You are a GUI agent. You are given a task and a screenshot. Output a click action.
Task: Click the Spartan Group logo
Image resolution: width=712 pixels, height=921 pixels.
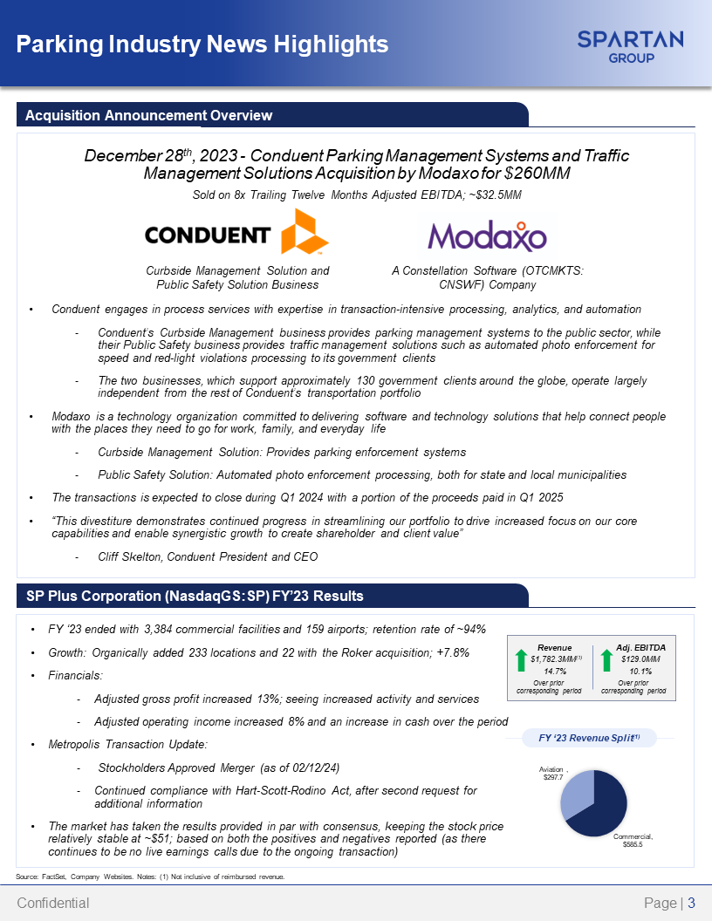[x=630, y=45]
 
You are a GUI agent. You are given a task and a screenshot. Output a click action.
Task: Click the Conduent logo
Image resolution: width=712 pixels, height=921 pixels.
[x=236, y=233]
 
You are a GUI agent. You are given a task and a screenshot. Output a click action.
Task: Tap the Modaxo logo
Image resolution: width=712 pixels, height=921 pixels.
[x=487, y=235]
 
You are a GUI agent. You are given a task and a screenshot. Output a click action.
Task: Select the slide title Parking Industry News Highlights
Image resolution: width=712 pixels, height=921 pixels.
[x=202, y=44]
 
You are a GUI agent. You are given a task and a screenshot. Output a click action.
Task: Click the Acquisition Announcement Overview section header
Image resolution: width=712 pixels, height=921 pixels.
[x=148, y=115]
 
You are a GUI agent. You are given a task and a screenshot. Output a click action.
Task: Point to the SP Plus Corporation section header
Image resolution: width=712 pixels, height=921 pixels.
[x=194, y=596]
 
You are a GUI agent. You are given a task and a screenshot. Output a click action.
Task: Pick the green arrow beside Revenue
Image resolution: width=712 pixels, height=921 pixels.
[x=522, y=660]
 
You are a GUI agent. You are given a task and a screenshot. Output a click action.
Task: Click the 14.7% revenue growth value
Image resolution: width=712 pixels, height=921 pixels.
[x=555, y=672]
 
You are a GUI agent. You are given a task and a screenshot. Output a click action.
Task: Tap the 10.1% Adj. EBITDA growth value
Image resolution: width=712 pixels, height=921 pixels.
[x=640, y=672]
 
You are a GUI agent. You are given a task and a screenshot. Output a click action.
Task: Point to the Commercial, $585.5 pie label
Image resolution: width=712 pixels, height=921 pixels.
[x=638, y=842]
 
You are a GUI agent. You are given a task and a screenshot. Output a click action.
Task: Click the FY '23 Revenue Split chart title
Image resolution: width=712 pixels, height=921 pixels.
[x=590, y=738]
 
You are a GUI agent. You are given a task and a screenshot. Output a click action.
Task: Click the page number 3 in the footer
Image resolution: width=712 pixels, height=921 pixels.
[x=691, y=904]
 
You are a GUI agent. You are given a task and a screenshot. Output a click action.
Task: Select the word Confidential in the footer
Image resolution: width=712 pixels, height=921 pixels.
[x=53, y=904]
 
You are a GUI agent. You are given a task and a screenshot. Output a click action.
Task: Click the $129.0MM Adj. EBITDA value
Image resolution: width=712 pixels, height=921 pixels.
[x=640, y=659]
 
